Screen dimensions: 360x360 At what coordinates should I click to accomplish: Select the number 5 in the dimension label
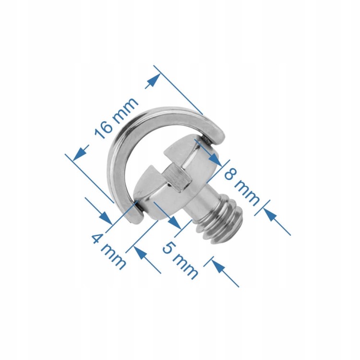169,248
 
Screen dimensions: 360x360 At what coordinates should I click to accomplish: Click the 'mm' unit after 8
247,193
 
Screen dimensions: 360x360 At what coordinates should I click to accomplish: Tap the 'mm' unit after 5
185,266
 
